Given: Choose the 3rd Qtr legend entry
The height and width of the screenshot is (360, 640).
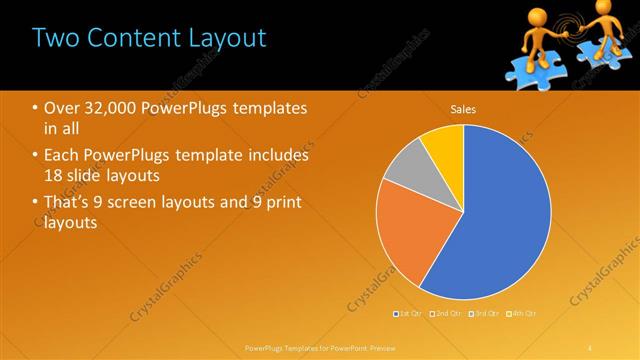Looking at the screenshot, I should (482, 313).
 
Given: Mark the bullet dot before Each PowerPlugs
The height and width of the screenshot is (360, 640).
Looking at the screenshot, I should (35, 156).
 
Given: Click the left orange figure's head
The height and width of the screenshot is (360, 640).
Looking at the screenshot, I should (529, 17).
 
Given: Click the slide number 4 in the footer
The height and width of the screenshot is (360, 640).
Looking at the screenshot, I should (591, 347).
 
